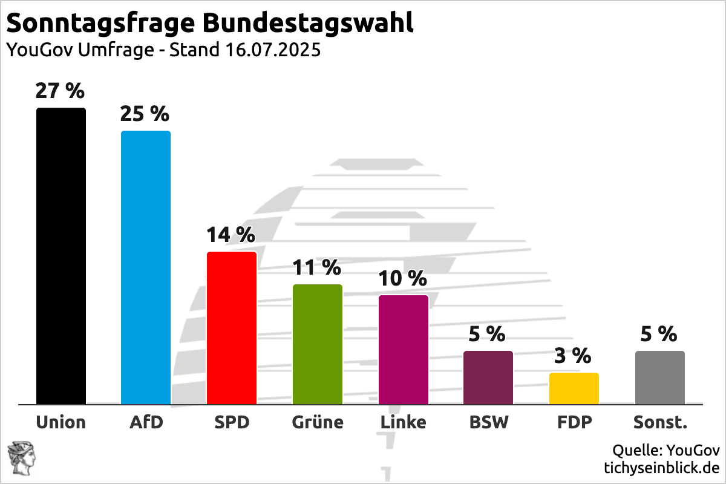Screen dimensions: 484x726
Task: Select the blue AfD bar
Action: (146, 267)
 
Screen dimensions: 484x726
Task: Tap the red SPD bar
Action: (232, 328)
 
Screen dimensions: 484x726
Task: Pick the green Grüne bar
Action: (318, 344)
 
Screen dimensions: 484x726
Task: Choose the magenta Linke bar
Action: (404, 350)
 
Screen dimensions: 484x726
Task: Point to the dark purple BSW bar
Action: (488, 378)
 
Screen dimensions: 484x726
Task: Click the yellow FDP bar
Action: (574, 388)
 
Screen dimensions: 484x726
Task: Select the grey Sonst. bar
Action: (660, 378)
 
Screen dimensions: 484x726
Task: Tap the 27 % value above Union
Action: (60, 91)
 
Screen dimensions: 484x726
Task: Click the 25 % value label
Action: (145, 114)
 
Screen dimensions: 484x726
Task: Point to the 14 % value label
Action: (231, 235)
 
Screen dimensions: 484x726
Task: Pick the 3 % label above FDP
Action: (573, 356)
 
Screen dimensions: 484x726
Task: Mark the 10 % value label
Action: (402, 278)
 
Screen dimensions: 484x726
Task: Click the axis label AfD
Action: (146, 422)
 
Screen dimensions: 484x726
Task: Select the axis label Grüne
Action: (318, 422)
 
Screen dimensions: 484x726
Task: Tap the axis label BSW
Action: (489, 422)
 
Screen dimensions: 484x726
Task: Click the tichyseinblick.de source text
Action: (662, 468)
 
